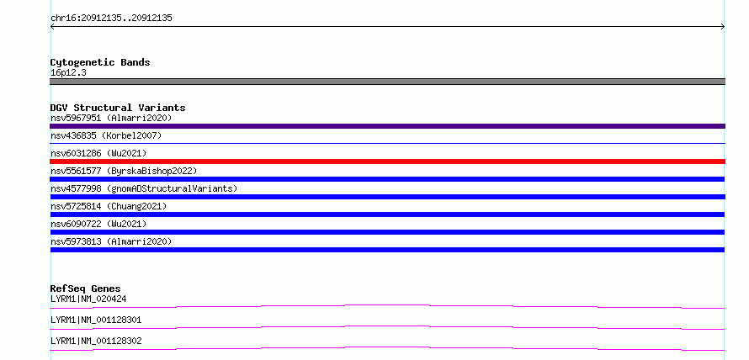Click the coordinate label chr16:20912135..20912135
111,19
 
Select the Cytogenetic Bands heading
100,62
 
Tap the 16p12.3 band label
68,73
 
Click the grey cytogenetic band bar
387,82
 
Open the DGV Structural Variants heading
118,108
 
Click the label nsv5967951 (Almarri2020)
111,118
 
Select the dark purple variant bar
387,126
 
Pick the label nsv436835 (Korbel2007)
106,135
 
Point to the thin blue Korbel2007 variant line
387,143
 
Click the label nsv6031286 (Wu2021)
98,153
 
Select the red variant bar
387,161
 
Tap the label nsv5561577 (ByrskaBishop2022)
124,171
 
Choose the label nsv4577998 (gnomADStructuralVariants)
144,188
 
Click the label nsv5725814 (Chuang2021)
109,206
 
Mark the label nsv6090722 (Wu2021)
98,224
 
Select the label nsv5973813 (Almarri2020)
111,241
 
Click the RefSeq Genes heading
85,289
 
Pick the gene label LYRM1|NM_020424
88,299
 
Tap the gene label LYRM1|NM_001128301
96,320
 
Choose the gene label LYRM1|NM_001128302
96,341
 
